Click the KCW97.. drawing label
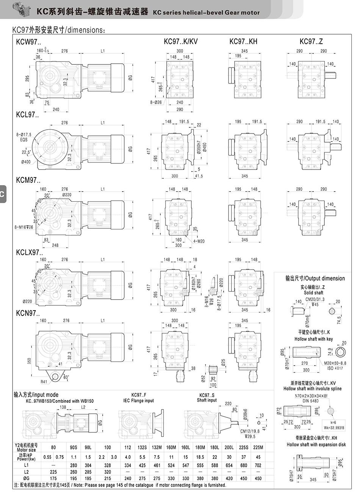coord(28,41)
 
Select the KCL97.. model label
coord(27,115)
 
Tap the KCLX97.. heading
coord(30,252)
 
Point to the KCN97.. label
coord(28,313)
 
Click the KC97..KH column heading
coord(243,41)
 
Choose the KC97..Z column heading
coord(311,41)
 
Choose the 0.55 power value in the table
coord(47,457)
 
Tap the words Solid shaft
coord(313,293)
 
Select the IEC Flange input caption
coord(138,400)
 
